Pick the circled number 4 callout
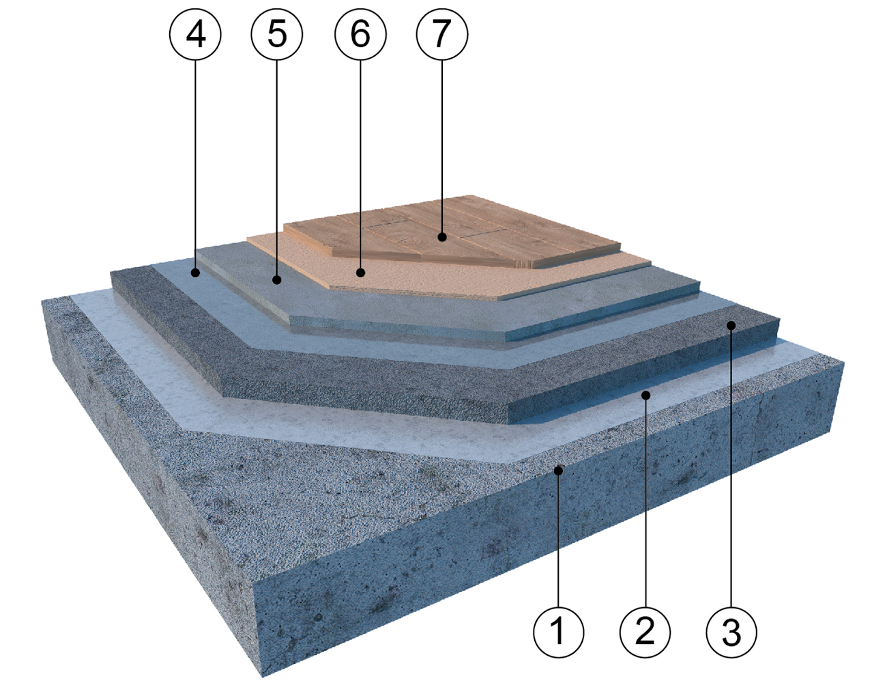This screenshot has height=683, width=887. coord(195,34)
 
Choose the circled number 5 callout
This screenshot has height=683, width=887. coord(277,34)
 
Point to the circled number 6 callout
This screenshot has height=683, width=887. coord(360,34)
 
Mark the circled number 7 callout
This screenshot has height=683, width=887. coord(442,34)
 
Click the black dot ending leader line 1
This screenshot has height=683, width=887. coord(558,471)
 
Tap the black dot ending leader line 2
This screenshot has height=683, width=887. coord(645,395)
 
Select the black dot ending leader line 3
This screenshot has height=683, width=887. coord(731,325)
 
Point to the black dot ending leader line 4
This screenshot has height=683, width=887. coord(195,272)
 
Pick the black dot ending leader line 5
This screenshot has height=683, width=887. coord(277,280)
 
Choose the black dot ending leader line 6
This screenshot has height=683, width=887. coord(360,272)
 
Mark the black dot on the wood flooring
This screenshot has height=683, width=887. coord(441,236)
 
